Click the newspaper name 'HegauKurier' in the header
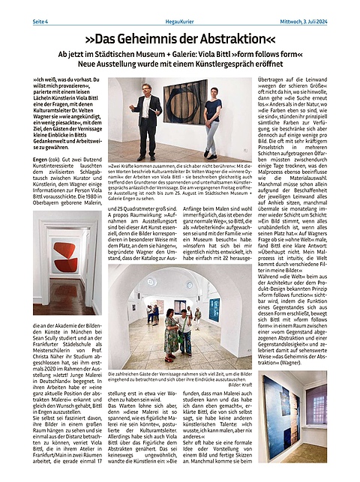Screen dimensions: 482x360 click(180, 7)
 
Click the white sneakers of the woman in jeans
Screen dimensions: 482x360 click(211, 156)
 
